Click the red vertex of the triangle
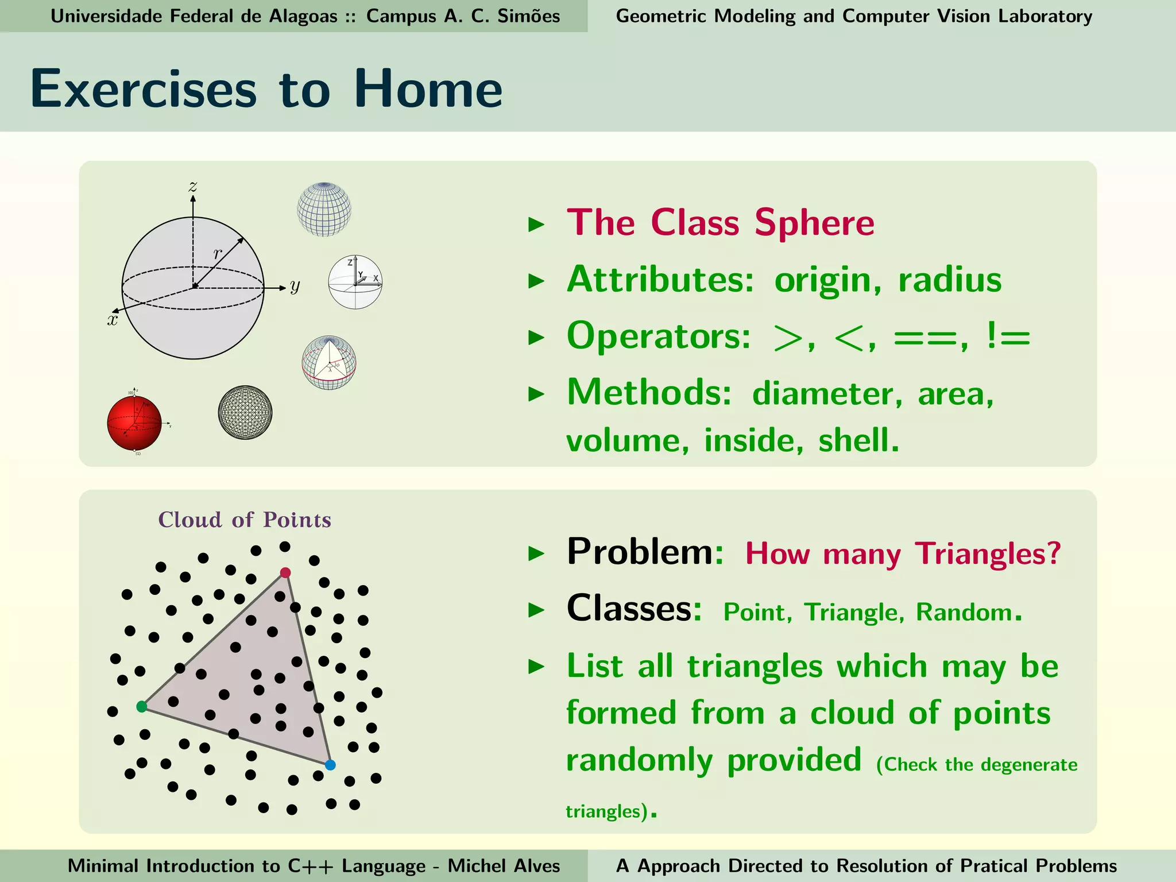pos(285,572)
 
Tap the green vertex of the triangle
pos(142,706)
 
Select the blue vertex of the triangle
pos(330,765)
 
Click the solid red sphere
pos(134,423)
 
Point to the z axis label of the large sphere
pos(193,187)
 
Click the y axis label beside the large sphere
pos(295,285)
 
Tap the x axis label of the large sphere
pos(113,320)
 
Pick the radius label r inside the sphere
pos(217,253)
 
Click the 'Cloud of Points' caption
pos(245,520)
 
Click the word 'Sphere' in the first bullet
pos(814,223)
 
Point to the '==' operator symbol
pos(926,338)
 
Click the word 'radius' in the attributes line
pos(950,280)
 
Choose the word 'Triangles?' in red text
pos(988,554)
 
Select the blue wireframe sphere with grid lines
pos(324,209)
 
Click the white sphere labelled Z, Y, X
pos(355,282)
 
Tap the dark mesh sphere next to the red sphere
pos(245,412)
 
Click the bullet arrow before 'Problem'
pos(536,554)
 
